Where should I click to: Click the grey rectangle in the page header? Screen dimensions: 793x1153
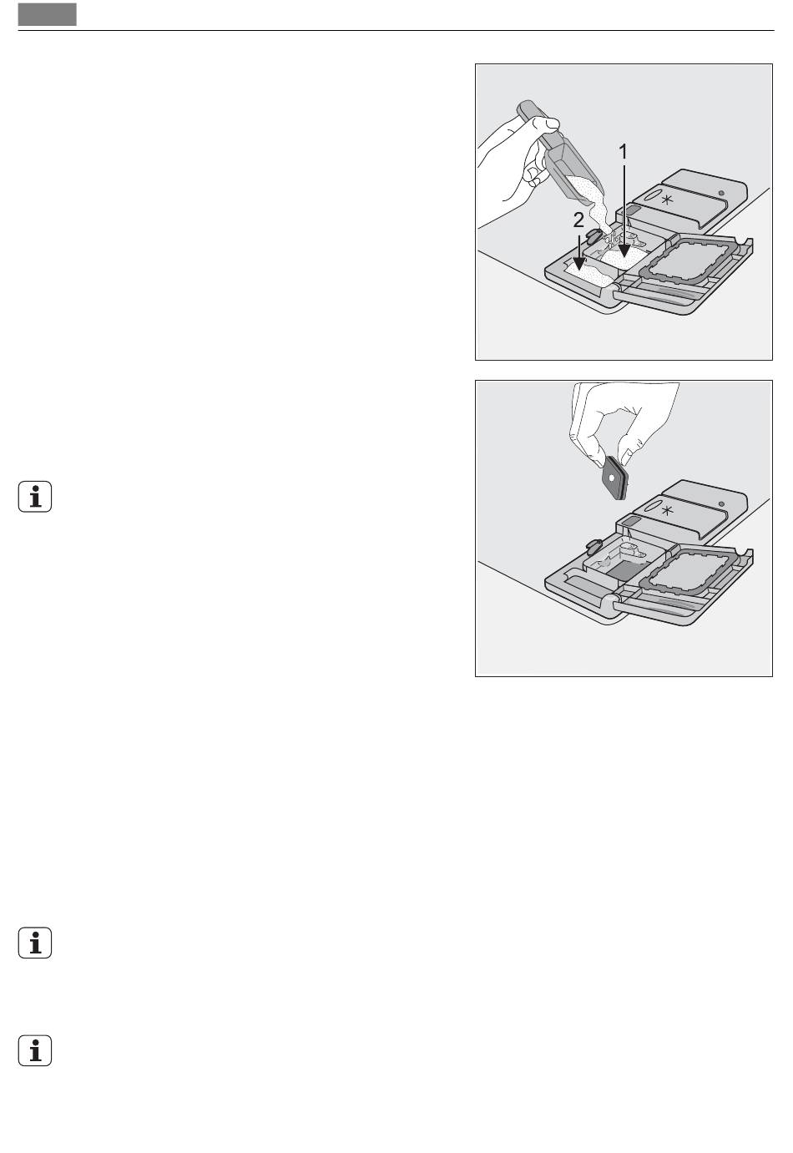point(48,14)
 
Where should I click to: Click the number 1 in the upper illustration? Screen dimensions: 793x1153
point(623,152)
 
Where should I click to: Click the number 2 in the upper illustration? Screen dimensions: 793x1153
point(578,220)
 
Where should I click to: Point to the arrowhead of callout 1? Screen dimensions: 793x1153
point(624,250)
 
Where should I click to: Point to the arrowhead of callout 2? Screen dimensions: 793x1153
point(579,263)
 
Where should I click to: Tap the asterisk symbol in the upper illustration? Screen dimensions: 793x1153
point(667,200)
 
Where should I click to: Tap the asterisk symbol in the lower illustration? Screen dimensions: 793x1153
point(667,511)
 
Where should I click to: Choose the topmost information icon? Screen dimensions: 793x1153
point(35,497)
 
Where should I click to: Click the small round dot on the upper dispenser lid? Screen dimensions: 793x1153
point(721,194)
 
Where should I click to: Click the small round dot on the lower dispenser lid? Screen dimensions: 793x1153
point(721,504)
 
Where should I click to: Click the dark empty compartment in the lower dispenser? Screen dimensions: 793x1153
point(623,569)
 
